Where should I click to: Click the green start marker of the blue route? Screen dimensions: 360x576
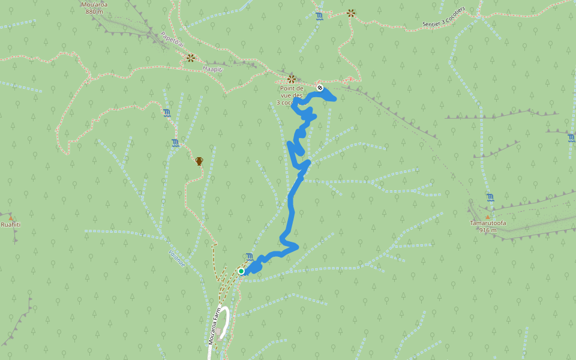click(241, 271)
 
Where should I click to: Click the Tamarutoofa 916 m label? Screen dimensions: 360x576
click(488, 226)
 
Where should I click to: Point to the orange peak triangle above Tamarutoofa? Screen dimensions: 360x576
click(488, 217)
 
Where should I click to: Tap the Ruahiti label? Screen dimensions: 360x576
click(10, 224)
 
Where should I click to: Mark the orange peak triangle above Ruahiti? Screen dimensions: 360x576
click(10, 217)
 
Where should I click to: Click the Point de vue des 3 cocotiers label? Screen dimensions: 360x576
click(292, 95)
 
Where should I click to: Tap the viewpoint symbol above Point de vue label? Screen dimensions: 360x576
click(292, 79)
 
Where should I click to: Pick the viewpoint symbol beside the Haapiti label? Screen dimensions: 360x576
click(190, 58)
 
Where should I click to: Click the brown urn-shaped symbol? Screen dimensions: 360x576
click(199, 161)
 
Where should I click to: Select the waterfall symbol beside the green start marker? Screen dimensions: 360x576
click(250, 257)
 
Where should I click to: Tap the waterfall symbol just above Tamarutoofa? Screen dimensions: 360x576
click(490, 197)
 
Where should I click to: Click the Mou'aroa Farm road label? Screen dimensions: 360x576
click(215, 327)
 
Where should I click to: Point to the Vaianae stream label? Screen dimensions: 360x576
click(177, 258)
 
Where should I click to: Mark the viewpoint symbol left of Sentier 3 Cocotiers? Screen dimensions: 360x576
click(351, 13)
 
